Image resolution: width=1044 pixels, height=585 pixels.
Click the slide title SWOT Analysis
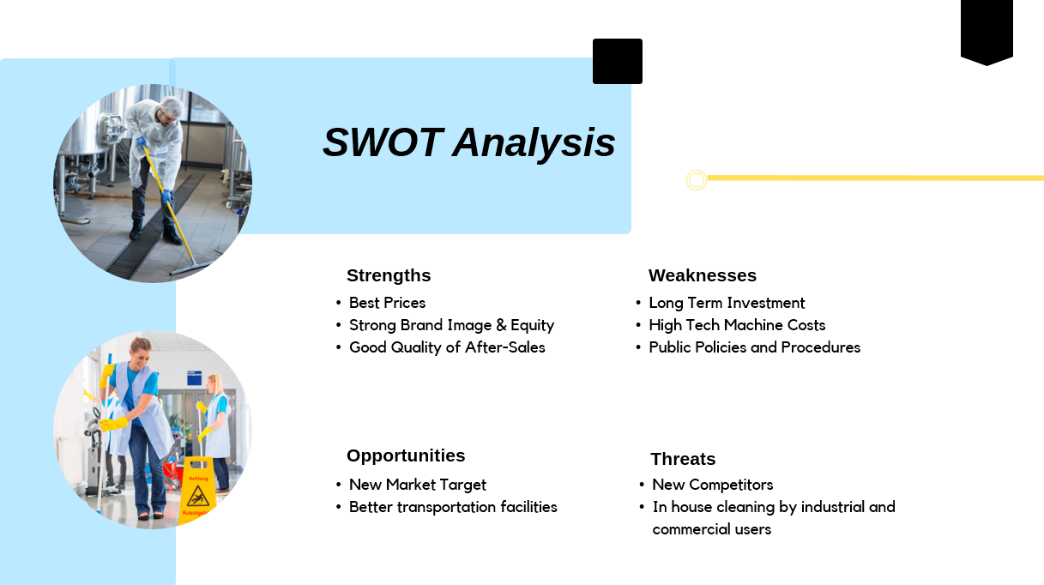pos(468,142)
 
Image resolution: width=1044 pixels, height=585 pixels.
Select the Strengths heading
pos(389,275)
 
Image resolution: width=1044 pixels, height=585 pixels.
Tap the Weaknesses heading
pos(702,275)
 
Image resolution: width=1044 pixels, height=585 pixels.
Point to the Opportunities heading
pos(406,455)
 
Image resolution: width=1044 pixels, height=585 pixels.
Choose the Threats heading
pos(683,459)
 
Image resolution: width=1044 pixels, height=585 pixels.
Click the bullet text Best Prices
pos(387,303)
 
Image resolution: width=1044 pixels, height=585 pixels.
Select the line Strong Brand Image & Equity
pos(451,325)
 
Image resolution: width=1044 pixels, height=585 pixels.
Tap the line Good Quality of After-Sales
pos(447,347)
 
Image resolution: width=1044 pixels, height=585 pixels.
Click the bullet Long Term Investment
pos(727,303)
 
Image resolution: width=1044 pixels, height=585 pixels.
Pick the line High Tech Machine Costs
pos(737,325)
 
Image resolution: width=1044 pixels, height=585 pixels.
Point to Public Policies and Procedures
pos(754,347)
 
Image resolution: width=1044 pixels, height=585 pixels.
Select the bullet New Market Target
pos(417,485)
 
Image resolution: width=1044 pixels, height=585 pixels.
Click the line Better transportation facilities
pos(453,507)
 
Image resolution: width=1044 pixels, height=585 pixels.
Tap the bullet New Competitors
pos(712,485)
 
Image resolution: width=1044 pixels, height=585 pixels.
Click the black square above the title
pos(618,61)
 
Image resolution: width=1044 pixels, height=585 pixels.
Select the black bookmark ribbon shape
pos(987,30)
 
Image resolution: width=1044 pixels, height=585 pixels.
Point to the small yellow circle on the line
pos(697,179)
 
